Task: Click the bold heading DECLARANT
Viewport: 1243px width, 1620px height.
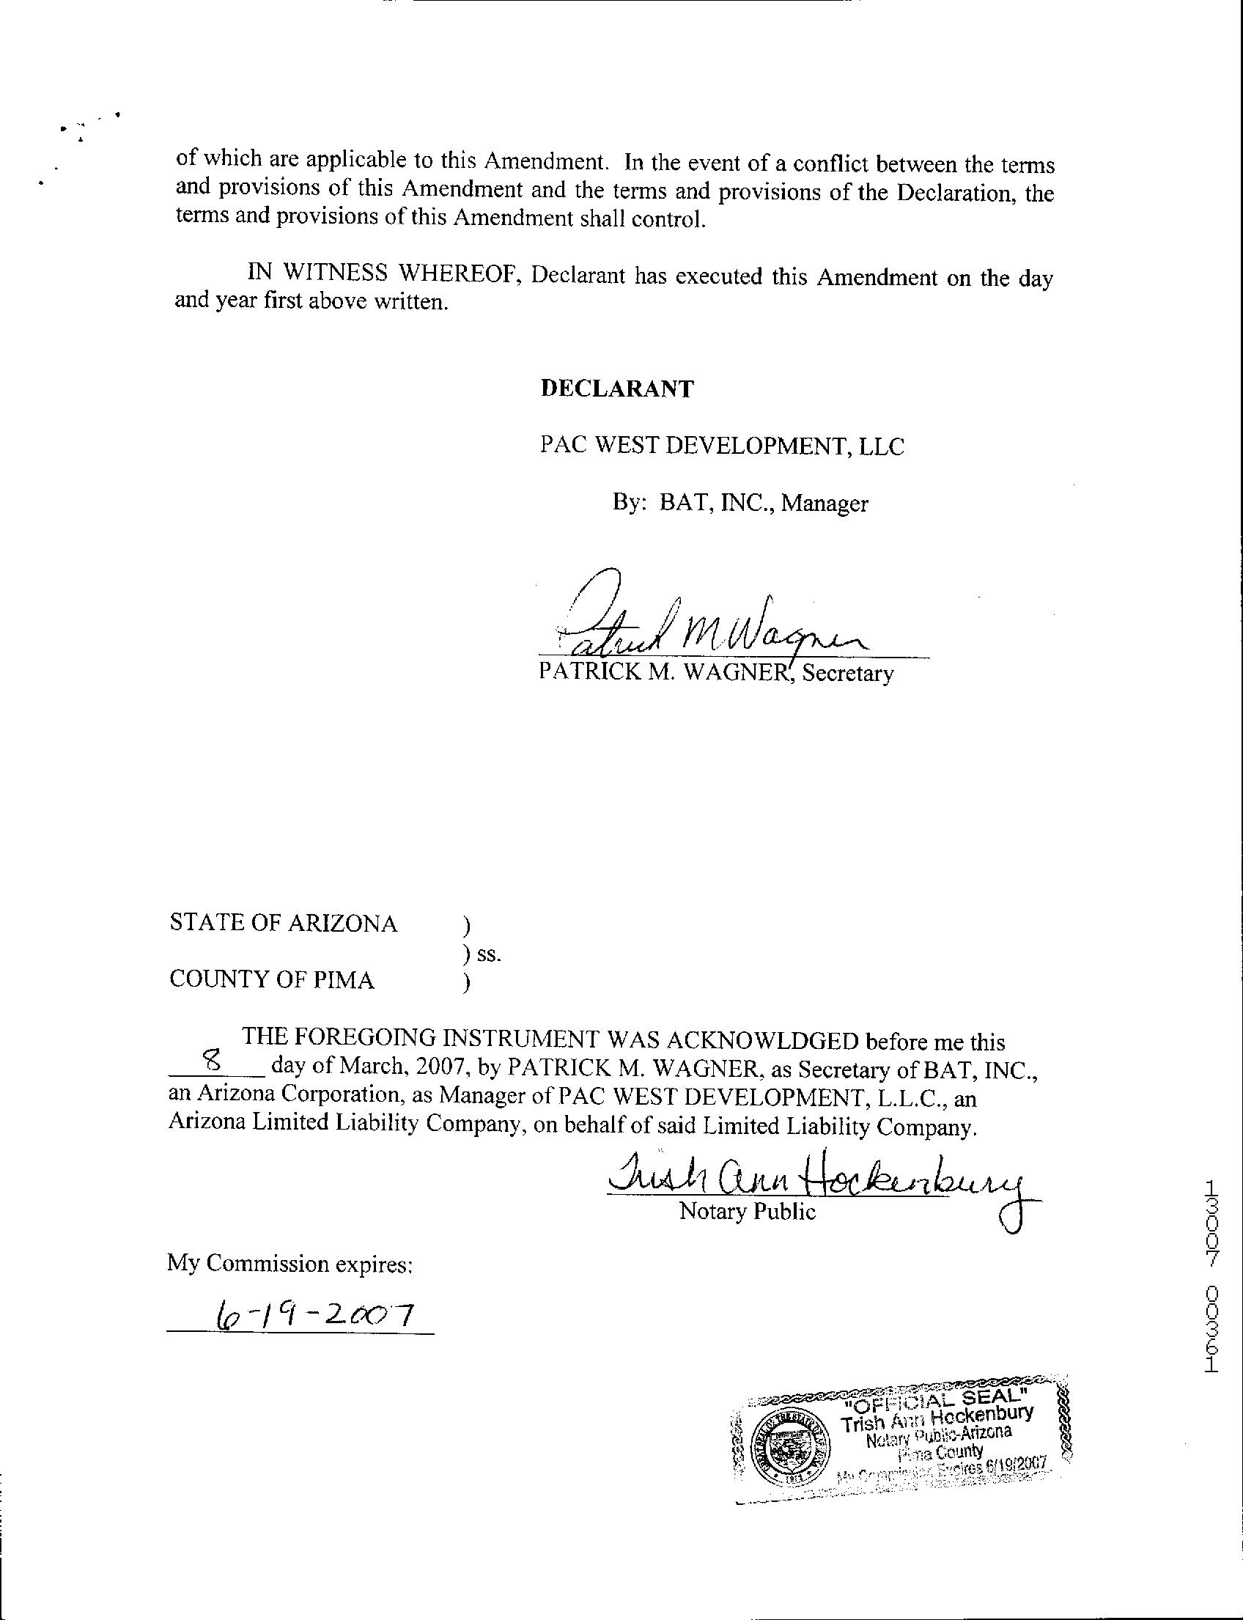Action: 616,389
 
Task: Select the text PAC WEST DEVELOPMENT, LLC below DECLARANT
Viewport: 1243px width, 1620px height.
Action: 721,446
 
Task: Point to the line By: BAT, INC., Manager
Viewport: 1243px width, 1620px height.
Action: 740,504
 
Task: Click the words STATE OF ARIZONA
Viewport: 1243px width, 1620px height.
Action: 284,923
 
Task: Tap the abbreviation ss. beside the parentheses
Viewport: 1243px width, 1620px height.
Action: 489,954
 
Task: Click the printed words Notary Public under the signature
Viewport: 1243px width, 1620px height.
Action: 748,1212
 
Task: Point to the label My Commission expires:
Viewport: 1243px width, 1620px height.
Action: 289,1262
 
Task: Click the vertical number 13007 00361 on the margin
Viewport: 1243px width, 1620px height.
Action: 1211,1278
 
